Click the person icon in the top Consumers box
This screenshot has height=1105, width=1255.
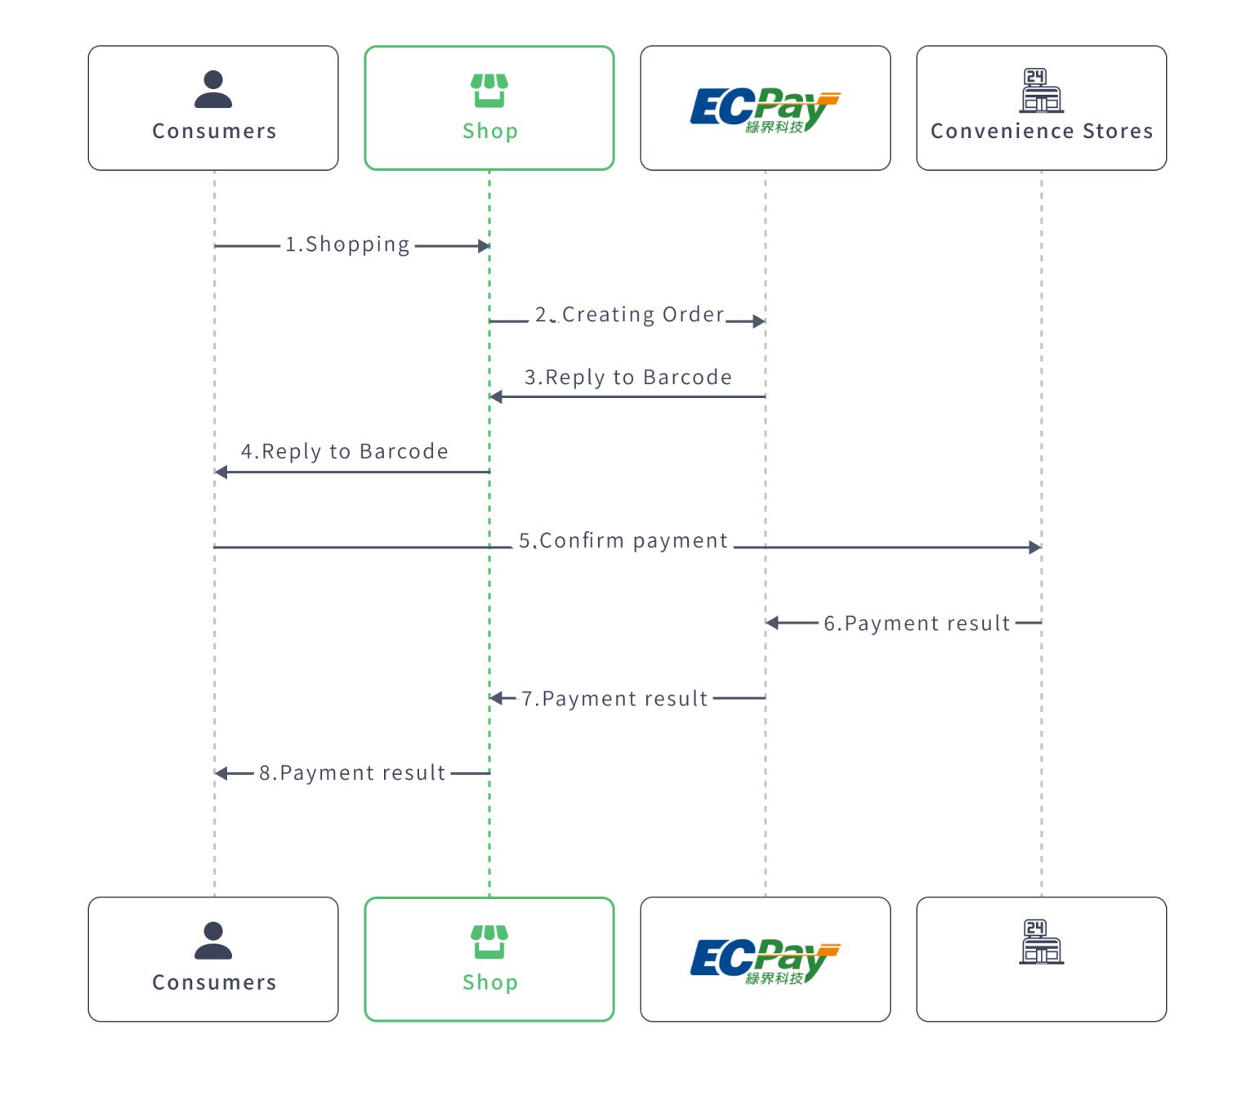213,89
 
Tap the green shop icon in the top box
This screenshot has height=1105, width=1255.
489,90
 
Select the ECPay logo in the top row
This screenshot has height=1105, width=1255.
764,110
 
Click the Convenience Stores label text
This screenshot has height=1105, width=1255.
1041,132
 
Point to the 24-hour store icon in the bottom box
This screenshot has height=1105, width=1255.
1041,942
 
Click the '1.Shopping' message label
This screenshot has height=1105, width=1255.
347,244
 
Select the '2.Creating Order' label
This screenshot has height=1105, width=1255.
629,315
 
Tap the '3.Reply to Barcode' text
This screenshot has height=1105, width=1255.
627,378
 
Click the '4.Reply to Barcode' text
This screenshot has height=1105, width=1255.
344,452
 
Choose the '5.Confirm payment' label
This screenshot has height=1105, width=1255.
623,541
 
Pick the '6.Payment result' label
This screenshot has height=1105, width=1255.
916,624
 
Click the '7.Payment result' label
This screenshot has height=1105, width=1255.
614,699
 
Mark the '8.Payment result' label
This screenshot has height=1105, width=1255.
351,773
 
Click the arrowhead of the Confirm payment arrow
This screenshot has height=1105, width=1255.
1035,548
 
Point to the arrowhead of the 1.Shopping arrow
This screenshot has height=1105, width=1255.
484,246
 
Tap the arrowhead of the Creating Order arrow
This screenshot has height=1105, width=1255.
759,321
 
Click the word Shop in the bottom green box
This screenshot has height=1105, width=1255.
489,982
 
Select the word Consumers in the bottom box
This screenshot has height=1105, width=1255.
214,982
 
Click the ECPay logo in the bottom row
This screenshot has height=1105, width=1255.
764,960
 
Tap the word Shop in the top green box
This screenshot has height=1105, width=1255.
489,132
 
